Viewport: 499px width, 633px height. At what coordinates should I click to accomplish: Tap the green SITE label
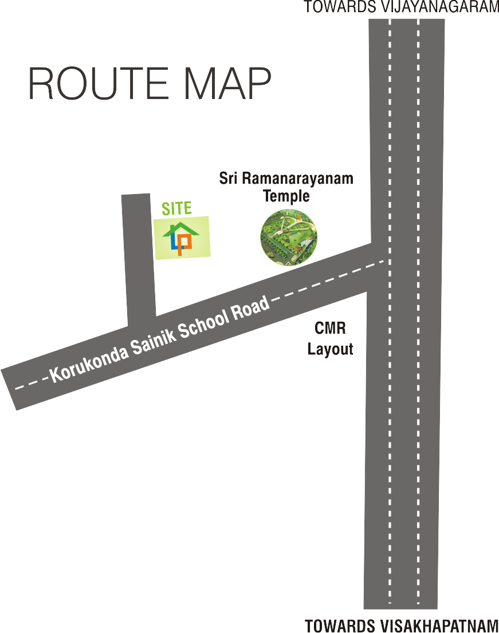[176, 208]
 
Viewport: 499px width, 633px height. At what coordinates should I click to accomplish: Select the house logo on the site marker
[181, 239]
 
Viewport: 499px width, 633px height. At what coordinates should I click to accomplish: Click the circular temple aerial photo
[289, 238]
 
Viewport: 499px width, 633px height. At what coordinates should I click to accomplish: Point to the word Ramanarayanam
[298, 179]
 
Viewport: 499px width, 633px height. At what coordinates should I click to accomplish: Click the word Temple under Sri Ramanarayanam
[286, 196]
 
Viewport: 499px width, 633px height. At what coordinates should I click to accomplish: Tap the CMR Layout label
[331, 338]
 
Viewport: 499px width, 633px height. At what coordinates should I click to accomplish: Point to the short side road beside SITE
[139, 258]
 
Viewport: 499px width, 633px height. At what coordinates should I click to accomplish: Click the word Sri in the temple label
[228, 179]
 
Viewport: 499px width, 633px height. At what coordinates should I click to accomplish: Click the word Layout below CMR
[331, 349]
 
